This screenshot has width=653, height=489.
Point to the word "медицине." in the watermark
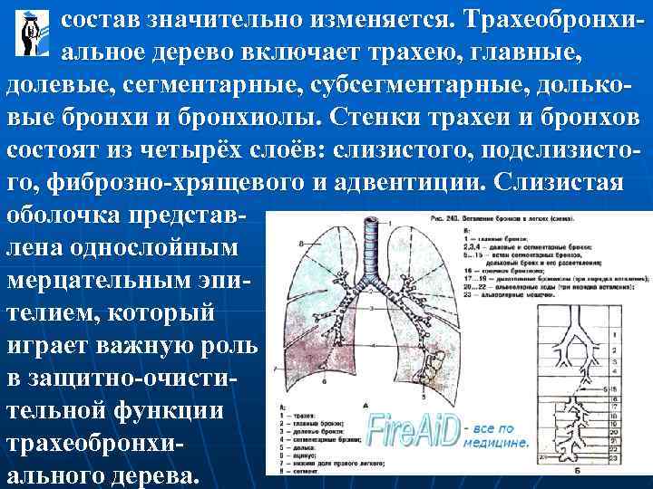[495, 445]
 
